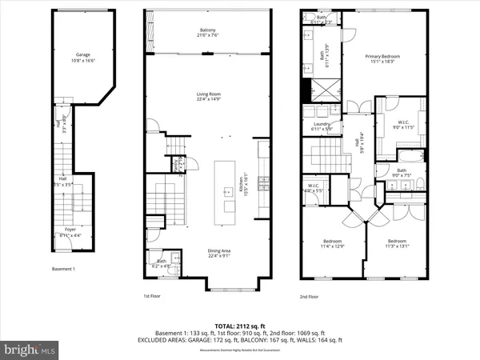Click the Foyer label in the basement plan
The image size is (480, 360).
[x=69, y=233]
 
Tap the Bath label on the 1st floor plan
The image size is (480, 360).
[x=162, y=262]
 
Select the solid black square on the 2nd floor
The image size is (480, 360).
[x=305, y=92]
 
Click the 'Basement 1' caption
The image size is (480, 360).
[x=62, y=269]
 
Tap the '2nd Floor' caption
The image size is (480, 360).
[x=310, y=296]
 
